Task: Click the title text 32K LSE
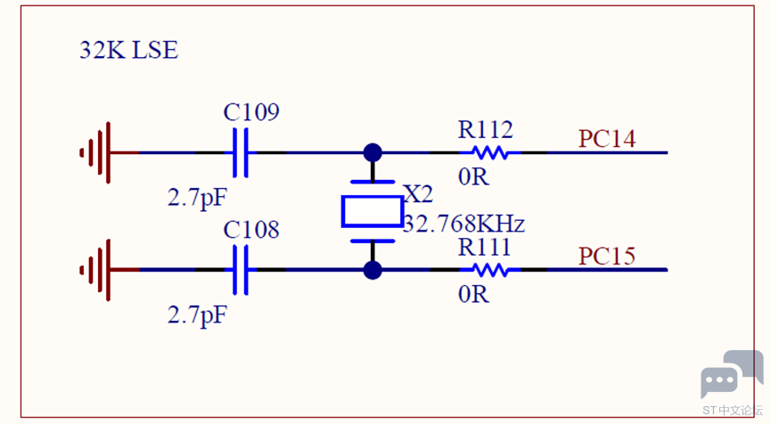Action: (x=129, y=50)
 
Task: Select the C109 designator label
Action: (x=251, y=112)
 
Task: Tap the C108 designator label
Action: (x=251, y=230)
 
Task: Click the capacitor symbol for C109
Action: (x=240, y=153)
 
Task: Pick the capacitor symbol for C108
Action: (x=240, y=270)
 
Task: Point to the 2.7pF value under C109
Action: (x=197, y=198)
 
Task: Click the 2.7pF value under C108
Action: (x=197, y=315)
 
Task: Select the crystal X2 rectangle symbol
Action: (x=373, y=211)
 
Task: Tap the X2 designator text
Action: (x=418, y=194)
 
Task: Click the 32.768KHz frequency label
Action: (x=463, y=224)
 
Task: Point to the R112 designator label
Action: (x=485, y=130)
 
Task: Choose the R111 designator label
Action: (x=484, y=247)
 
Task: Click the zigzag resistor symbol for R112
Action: (x=490, y=153)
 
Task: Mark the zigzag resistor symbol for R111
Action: (x=490, y=270)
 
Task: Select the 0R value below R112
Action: (x=473, y=177)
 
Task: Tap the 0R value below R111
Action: (x=473, y=294)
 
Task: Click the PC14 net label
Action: (x=607, y=139)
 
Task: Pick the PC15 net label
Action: (x=607, y=256)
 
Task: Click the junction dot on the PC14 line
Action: (x=373, y=153)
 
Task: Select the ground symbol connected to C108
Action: (x=101, y=270)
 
